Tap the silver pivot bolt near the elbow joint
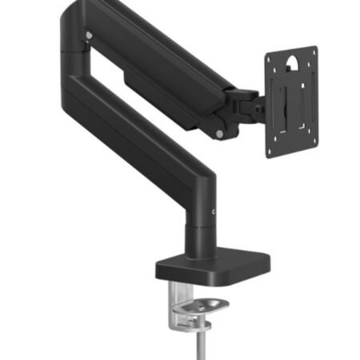pos(89,36)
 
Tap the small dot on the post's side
pos(214,210)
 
